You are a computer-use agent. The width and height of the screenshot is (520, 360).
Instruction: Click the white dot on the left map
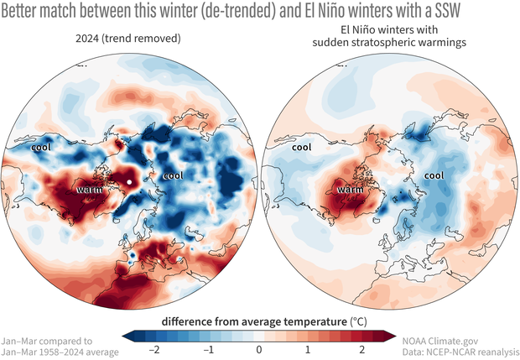click(x=130, y=181)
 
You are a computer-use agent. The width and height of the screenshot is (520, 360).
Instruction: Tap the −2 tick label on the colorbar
click(x=151, y=347)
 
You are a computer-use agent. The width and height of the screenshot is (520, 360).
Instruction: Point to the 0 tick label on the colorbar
click(x=259, y=347)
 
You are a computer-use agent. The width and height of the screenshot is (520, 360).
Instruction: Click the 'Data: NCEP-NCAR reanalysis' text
click(x=459, y=351)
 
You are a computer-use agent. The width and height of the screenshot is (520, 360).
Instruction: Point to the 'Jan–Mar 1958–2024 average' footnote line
click(x=60, y=351)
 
